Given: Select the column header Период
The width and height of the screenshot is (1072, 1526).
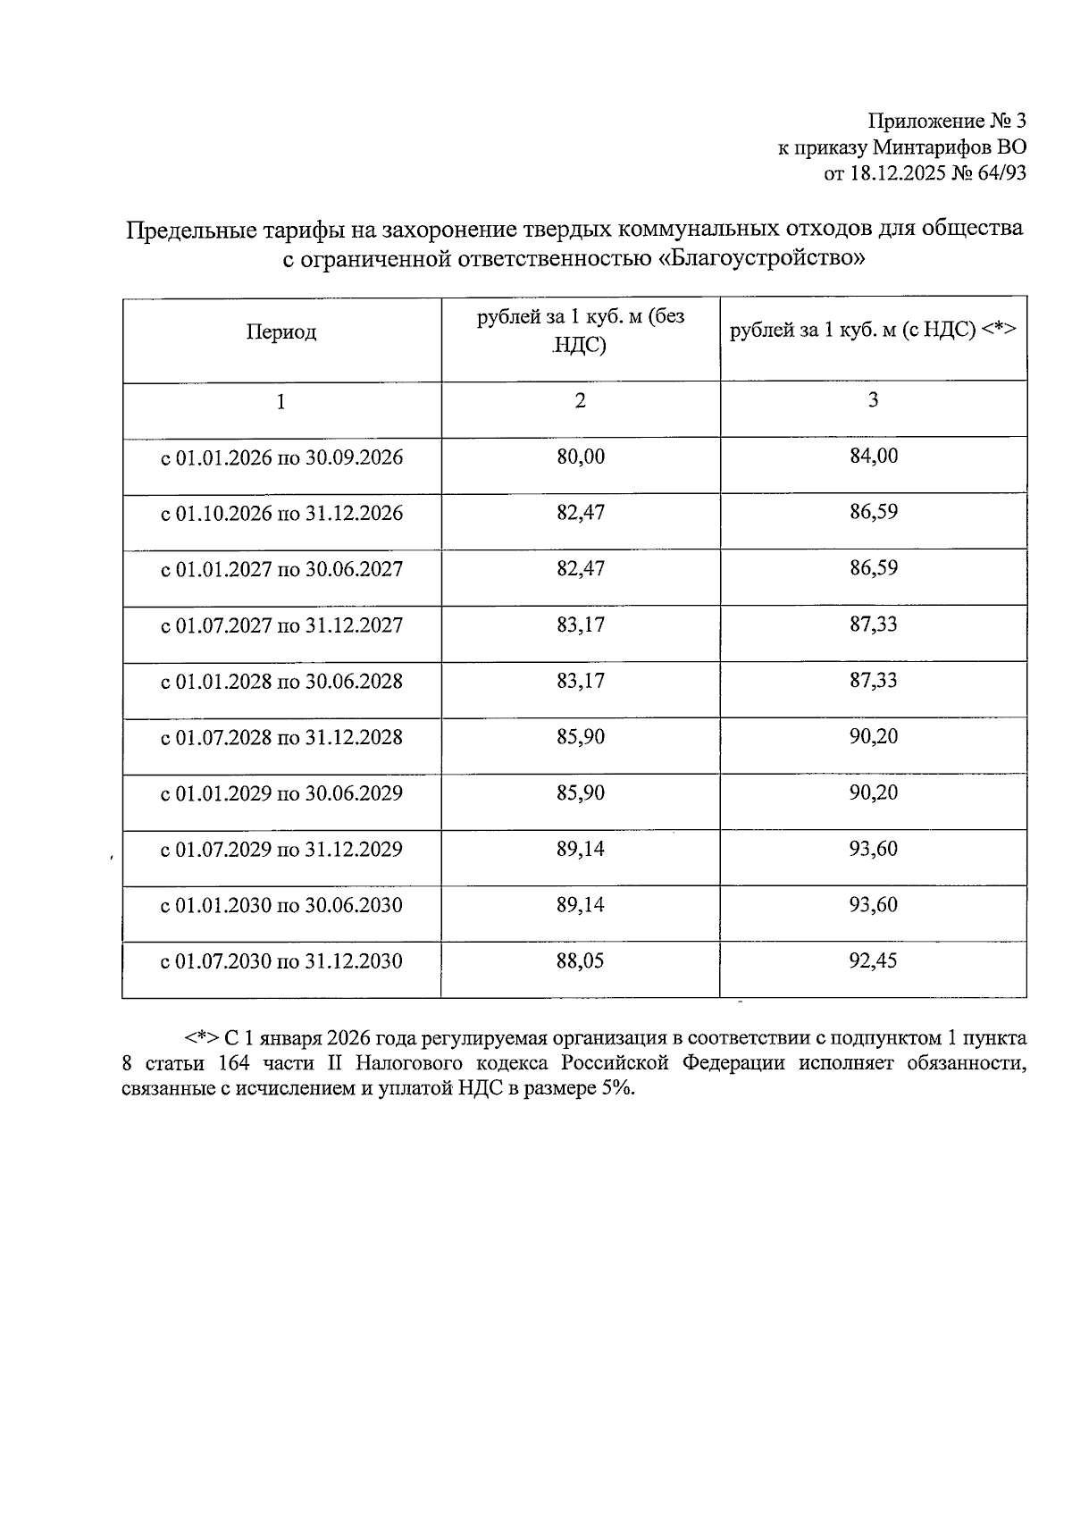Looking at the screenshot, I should click(x=281, y=333).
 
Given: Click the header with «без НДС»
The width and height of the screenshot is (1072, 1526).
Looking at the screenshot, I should click(x=581, y=331).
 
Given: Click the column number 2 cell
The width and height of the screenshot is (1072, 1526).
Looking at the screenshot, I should click(x=581, y=401).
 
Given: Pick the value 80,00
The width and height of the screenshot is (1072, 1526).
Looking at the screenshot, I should click(x=581, y=457).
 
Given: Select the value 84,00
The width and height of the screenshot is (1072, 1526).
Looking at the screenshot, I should click(x=874, y=457).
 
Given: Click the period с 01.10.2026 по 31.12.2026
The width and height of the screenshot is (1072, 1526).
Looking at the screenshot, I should click(x=281, y=514).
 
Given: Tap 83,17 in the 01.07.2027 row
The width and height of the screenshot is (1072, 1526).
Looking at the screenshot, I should click(x=581, y=625).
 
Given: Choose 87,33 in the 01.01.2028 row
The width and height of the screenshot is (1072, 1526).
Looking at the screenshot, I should click(x=874, y=681).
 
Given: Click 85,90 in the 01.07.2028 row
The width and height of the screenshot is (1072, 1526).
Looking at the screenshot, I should click(x=581, y=737).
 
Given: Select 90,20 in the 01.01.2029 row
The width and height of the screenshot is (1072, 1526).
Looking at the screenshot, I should click(x=874, y=793).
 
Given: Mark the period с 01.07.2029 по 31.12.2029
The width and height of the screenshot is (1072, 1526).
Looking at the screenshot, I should click(x=281, y=850).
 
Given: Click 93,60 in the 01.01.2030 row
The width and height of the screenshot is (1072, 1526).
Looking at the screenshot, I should click(x=874, y=905).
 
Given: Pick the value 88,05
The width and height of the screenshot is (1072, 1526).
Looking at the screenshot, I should click(x=581, y=961).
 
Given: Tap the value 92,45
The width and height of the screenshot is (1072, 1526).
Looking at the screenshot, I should click(x=874, y=961).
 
